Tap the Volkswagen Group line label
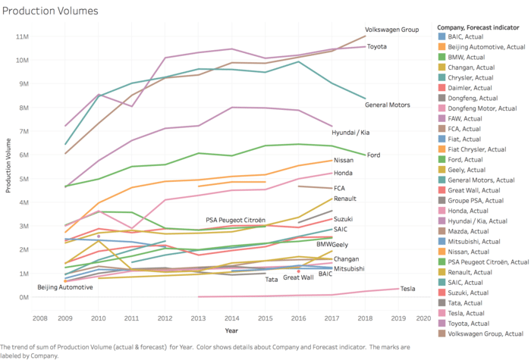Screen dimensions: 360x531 point(391,30)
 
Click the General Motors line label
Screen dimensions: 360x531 point(388,105)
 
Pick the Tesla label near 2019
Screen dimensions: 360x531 point(409,289)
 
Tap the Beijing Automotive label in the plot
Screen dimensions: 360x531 point(65,287)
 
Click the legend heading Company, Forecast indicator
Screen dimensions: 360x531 point(481,25)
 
